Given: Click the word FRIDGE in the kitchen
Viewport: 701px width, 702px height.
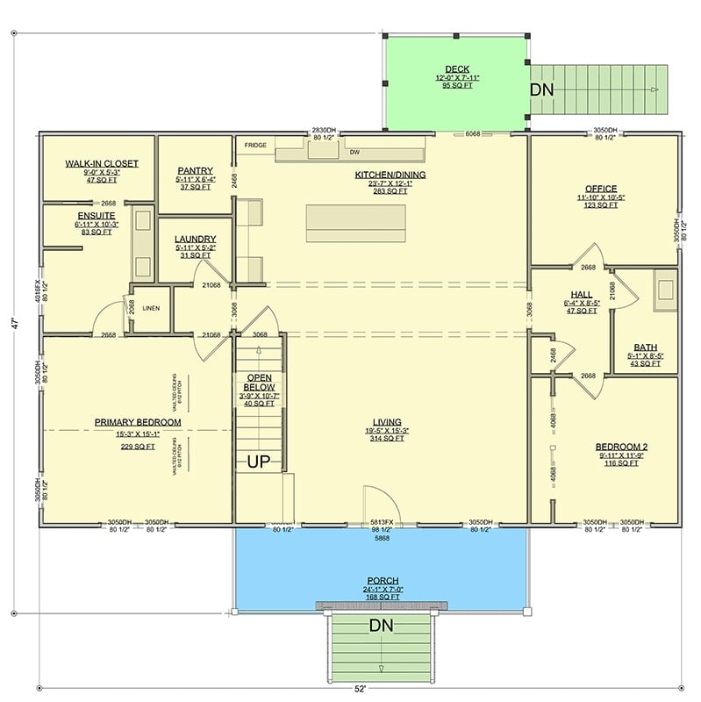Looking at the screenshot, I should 255,145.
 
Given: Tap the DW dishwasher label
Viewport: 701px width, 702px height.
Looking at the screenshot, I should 356,152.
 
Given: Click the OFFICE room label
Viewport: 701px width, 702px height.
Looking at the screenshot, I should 601,189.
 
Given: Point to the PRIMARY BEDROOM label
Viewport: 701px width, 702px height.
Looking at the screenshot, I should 138,422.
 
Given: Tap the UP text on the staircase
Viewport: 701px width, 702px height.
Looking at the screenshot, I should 257,461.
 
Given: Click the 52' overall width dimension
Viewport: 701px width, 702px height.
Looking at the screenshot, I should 360,690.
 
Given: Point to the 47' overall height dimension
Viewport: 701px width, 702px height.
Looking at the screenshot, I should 13,324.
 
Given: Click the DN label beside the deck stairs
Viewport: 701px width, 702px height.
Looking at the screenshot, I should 540,90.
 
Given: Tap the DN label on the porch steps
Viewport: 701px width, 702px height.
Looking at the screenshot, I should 380,629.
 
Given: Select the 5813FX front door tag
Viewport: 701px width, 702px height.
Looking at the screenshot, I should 382,521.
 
